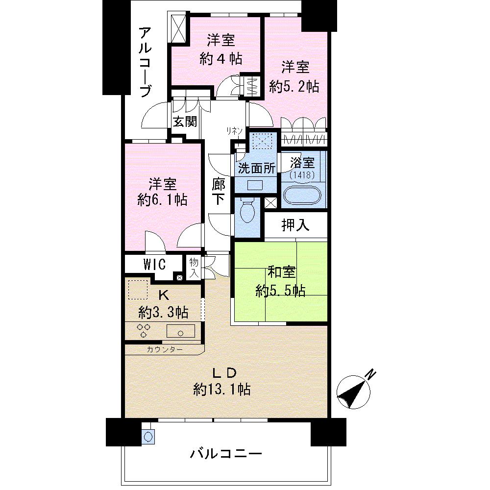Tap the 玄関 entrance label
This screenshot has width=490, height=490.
pos(185,121)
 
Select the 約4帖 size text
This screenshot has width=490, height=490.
pos(220,59)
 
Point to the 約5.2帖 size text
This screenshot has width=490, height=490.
pos(294,86)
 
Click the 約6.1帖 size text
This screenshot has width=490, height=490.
pos(163,199)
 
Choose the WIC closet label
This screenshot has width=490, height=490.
pos(154,264)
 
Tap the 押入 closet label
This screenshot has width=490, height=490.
pos(295,225)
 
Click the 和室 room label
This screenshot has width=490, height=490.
pos(280,271)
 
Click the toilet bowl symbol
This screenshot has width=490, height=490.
pos(248,212)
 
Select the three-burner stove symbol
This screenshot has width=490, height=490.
pos(143,330)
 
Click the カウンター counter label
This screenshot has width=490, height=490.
pos(165,349)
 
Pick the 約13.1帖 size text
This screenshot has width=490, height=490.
pos(222,390)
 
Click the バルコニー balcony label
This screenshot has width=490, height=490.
pos(226,453)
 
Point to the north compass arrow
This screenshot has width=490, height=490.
pos(355,392)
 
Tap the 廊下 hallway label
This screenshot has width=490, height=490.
pos(219,192)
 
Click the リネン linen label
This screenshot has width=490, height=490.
pos(234,130)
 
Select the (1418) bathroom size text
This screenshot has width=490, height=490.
pos(302,174)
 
